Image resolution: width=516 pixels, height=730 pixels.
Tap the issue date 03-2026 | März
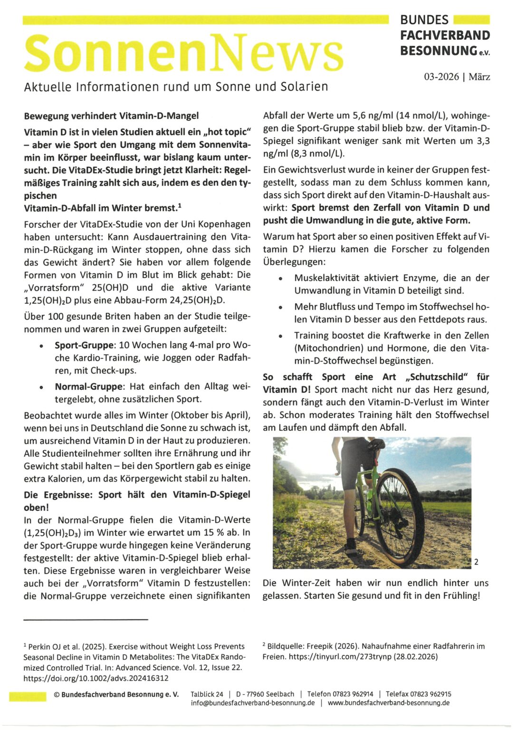click(x=457, y=77)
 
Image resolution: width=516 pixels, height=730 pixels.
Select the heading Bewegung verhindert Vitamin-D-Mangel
click(x=111, y=116)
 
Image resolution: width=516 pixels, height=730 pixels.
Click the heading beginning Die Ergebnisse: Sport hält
click(x=137, y=495)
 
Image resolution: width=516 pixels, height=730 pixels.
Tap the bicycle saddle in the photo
click(x=376, y=444)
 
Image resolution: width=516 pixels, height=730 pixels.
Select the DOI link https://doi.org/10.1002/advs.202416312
click(x=96, y=678)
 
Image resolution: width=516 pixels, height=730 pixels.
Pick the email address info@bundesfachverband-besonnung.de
click(x=253, y=703)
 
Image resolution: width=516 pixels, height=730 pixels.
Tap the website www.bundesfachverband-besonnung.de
click(x=389, y=703)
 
